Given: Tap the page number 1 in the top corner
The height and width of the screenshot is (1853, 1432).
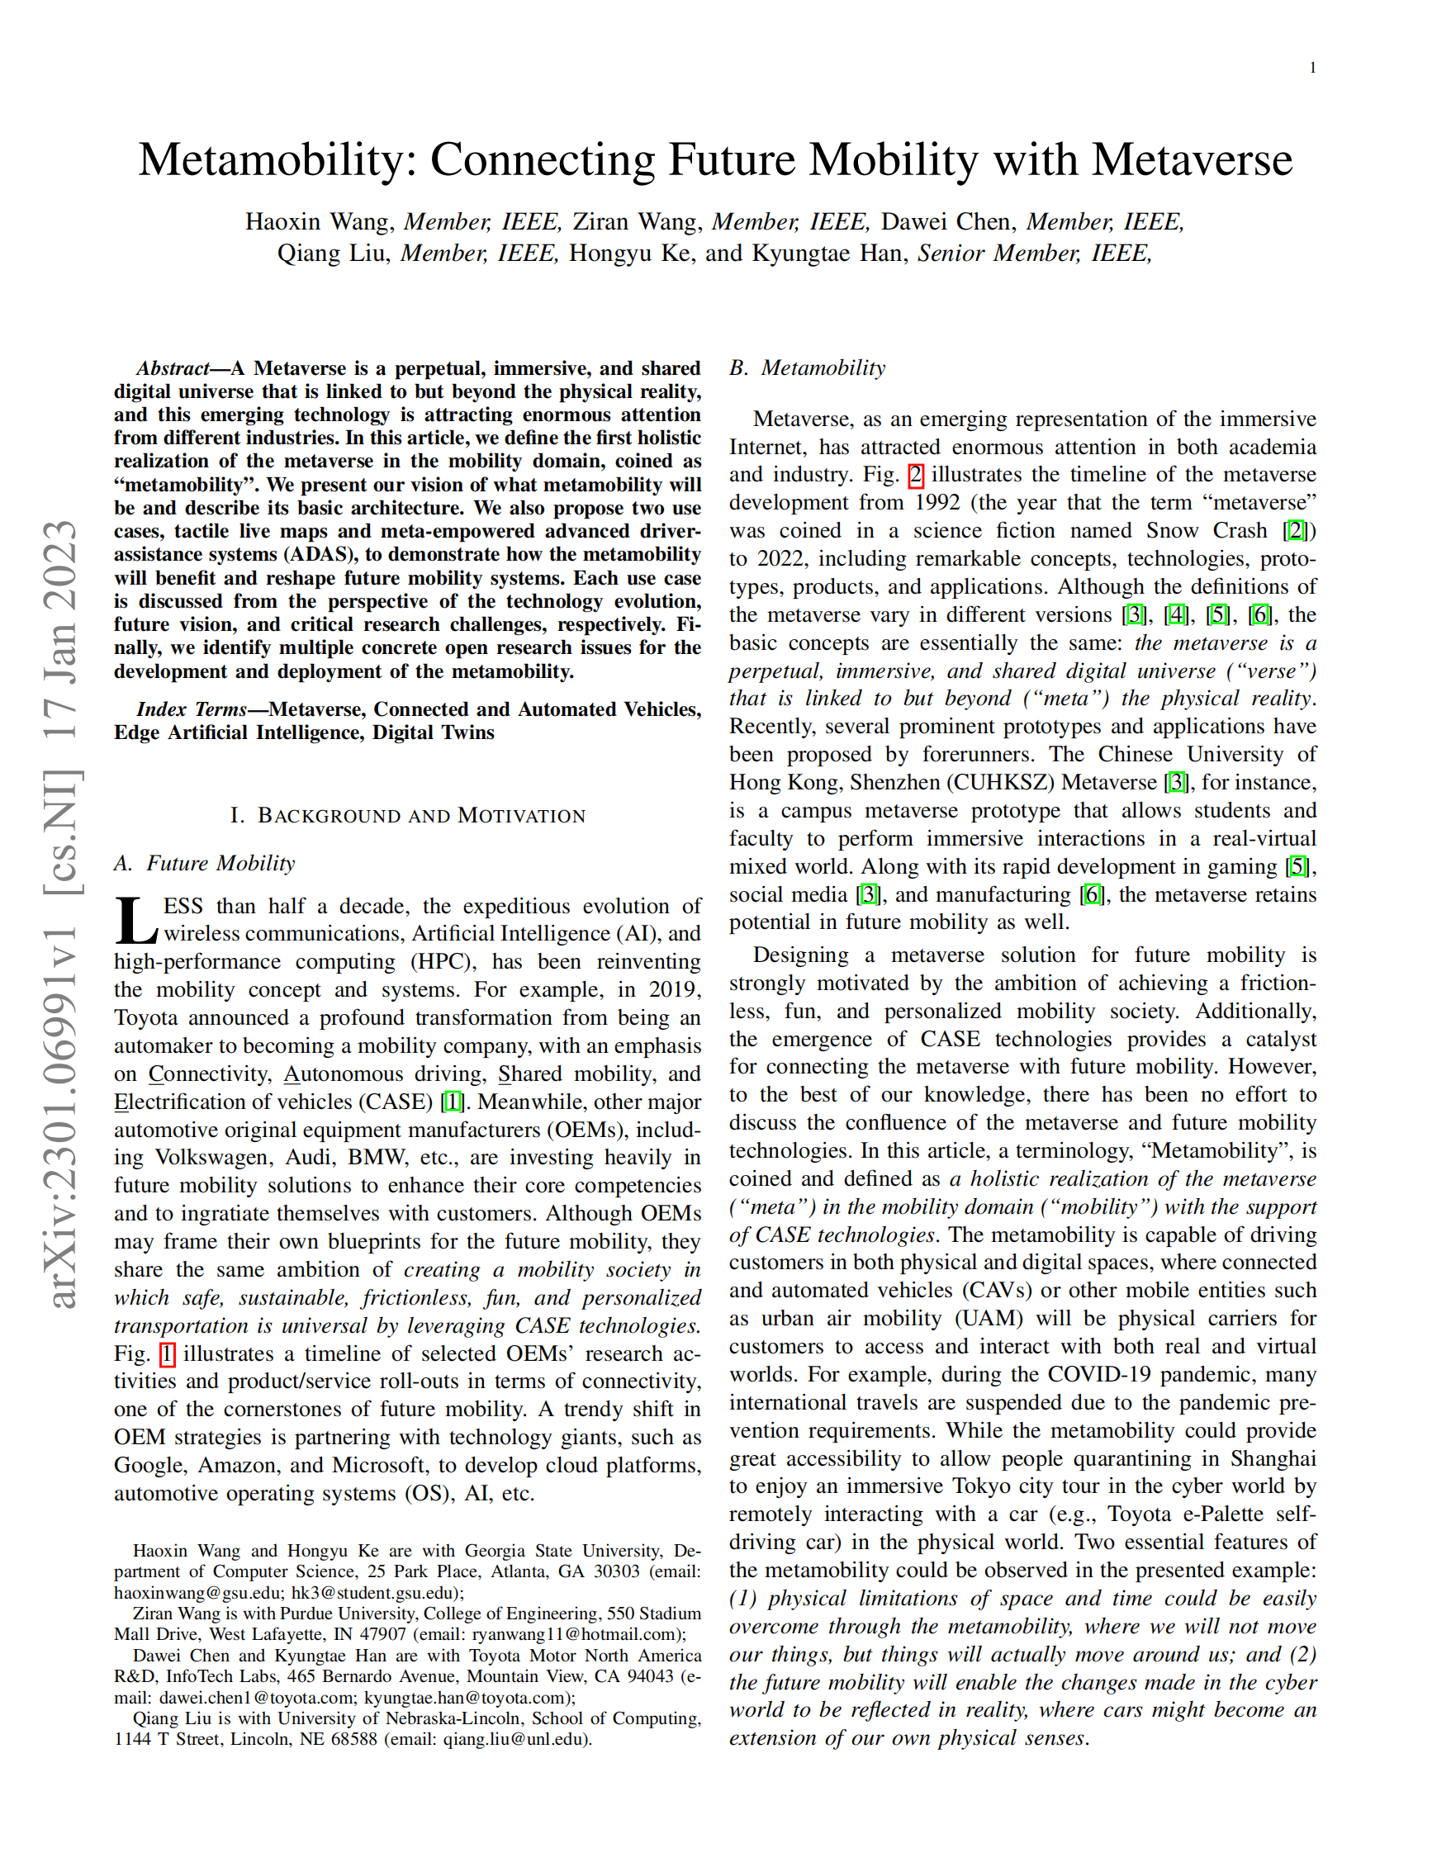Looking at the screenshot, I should click(x=1313, y=68).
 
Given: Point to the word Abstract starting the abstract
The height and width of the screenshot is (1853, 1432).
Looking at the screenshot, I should click(x=173, y=368).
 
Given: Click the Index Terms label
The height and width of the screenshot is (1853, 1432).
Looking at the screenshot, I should click(x=191, y=709).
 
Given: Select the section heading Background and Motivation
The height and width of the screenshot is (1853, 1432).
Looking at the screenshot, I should click(x=407, y=815).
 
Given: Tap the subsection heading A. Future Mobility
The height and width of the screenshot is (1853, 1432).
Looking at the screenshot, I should click(x=204, y=863).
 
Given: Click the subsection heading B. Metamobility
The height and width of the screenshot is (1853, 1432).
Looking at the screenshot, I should click(x=807, y=367).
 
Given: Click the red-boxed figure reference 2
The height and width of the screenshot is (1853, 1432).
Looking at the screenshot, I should click(x=915, y=474).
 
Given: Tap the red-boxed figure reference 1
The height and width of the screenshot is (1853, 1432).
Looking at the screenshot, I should click(x=167, y=1354).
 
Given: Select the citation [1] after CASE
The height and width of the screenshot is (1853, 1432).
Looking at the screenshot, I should click(x=453, y=1102).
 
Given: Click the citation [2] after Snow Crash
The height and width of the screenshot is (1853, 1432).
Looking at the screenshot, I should click(x=1296, y=530).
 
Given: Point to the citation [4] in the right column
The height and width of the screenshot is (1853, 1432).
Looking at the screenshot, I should click(x=1176, y=614).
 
